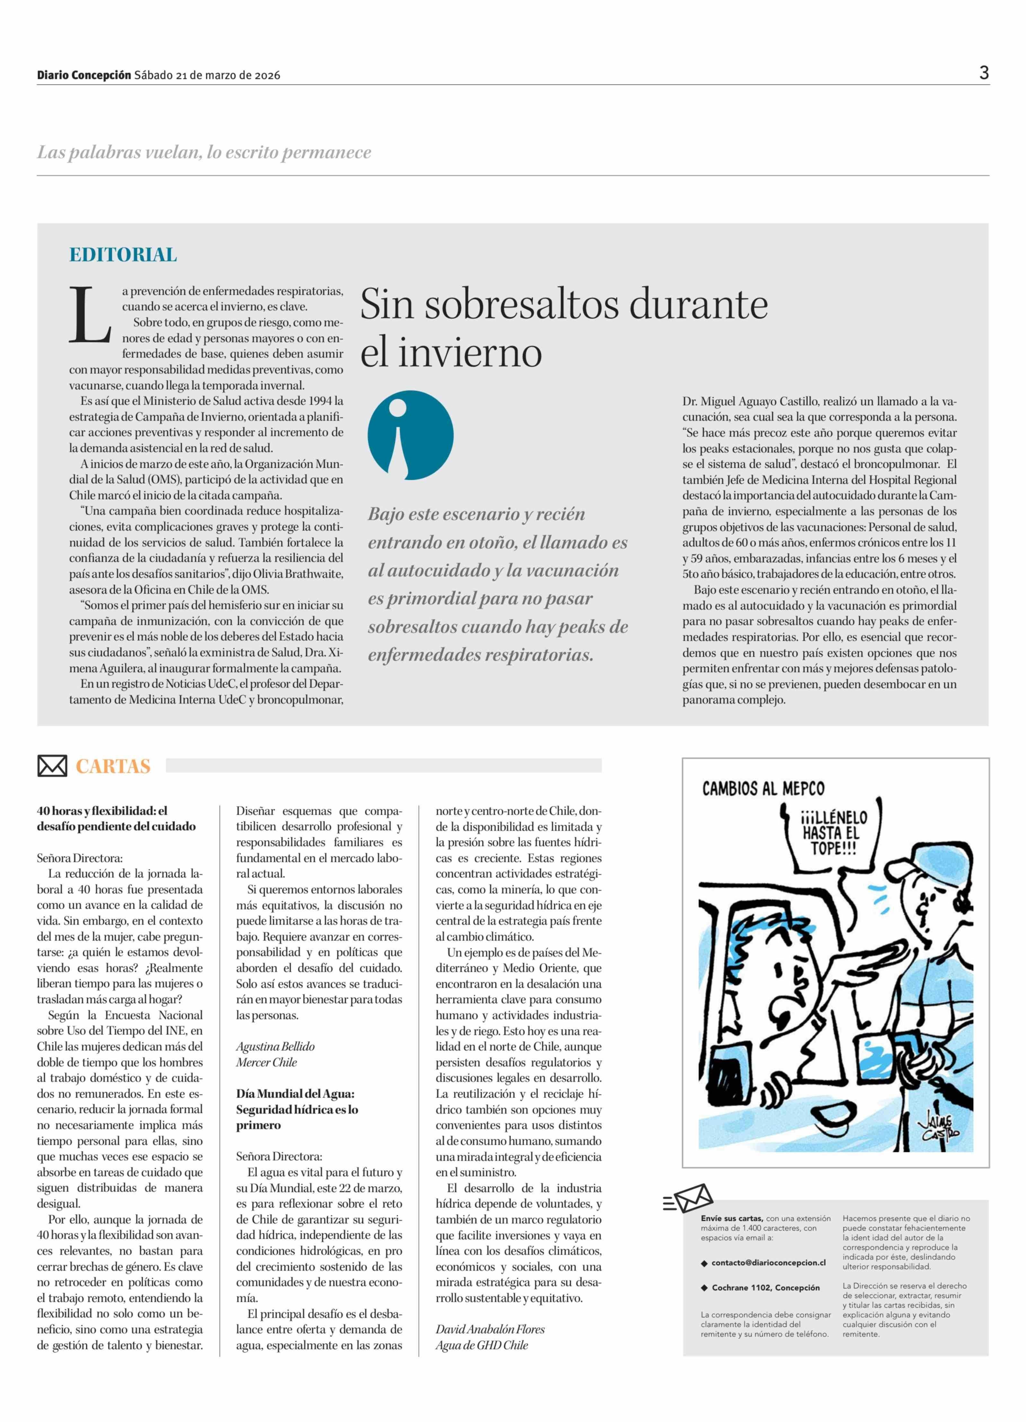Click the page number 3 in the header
click(x=983, y=73)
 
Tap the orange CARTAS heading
click(x=113, y=766)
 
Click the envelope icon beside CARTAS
click(x=52, y=766)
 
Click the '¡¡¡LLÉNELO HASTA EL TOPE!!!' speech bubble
click(x=834, y=834)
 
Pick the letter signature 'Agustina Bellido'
click(x=275, y=1046)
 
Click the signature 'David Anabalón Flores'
click(x=490, y=1329)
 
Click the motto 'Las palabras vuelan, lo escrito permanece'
click(x=204, y=153)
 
